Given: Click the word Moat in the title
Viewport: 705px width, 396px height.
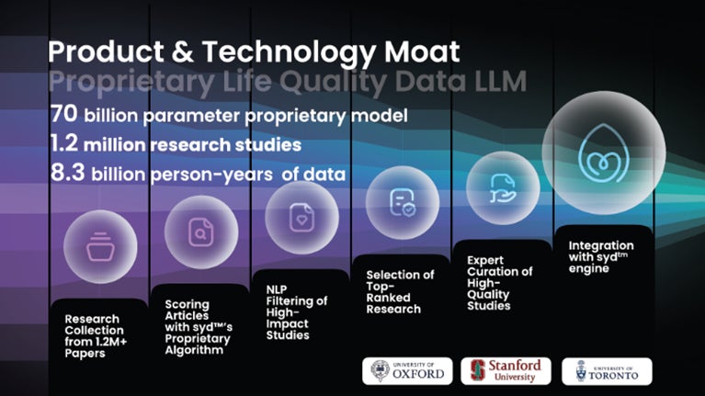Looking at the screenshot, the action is [422, 51].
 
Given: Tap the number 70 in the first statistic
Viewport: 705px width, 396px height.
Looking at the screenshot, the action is [63, 114].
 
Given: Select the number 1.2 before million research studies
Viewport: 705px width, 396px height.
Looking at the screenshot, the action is [63, 143].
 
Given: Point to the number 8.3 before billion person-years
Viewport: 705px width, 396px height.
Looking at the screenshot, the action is [67, 173].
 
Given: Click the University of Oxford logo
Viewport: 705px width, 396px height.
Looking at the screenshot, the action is [407, 371].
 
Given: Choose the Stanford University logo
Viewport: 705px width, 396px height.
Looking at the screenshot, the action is [506, 371].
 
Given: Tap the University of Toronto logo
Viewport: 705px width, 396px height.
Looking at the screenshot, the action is [607, 371].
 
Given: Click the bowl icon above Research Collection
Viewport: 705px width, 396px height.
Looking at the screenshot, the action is [100, 247].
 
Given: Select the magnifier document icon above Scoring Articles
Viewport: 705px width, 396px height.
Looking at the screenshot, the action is [200, 232].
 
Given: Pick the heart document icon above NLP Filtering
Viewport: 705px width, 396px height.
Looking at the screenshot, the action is [301, 218].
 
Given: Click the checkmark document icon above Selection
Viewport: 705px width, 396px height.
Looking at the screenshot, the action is [403, 203].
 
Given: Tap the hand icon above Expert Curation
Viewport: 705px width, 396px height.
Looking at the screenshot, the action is [503, 188].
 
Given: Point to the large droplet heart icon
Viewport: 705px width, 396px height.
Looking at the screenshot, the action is [603, 153].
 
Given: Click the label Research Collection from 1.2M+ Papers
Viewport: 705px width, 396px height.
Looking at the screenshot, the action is [96, 335].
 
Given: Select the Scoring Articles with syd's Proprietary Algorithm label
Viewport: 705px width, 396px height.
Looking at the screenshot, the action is [199, 327].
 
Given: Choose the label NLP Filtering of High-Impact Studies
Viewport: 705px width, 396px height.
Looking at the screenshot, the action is [297, 312].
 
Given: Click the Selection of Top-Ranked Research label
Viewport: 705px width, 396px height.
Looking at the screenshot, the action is [400, 292].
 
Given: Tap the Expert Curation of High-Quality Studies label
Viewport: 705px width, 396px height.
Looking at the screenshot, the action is [499, 283].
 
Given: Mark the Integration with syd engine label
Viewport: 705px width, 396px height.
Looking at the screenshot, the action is [601, 257].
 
